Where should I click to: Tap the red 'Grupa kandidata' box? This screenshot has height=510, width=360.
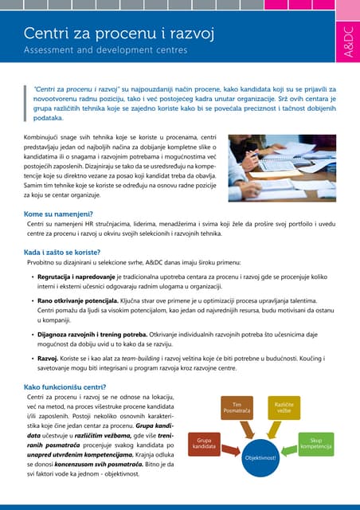click(x=204, y=445)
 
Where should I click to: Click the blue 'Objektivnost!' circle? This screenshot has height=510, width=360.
click(x=260, y=459)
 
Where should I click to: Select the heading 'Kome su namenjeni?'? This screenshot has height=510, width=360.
click(x=58, y=214)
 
